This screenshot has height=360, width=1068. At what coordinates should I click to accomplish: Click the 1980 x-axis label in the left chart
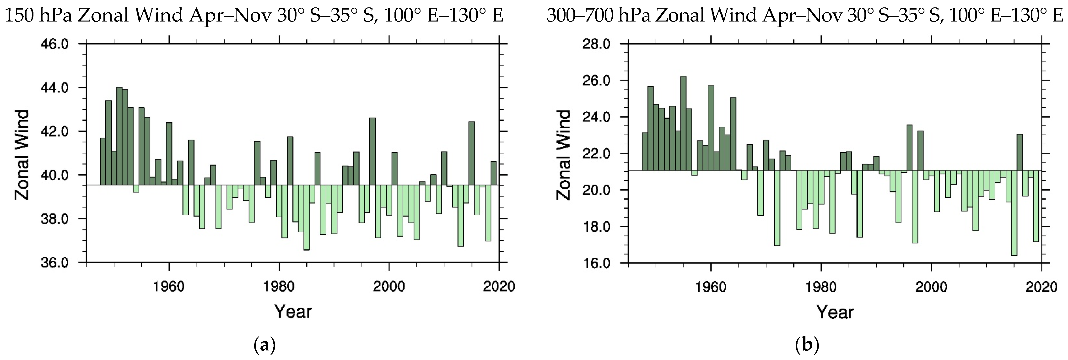point(279,287)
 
